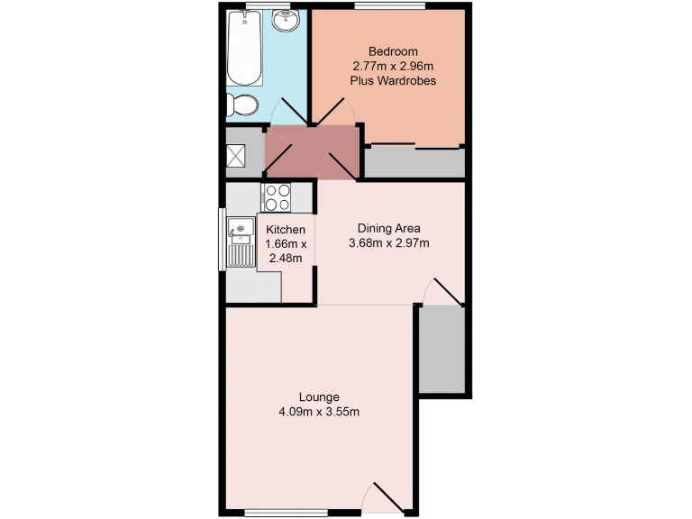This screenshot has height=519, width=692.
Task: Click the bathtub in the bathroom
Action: coord(242,46)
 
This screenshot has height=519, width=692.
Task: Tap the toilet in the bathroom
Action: coord(240,106)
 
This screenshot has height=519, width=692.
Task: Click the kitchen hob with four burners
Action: coord(276,196)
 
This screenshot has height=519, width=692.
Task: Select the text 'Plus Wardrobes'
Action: coord(393,80)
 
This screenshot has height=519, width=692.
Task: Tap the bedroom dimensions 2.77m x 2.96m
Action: coord(393,65)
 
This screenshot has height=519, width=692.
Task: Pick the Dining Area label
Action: coord(389,227)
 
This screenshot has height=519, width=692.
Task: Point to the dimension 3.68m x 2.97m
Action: coord(389,242)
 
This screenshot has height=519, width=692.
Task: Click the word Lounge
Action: coord(319,396)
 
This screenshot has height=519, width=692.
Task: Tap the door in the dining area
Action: coord(443,291)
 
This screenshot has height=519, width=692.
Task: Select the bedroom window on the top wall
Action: coord(389,7)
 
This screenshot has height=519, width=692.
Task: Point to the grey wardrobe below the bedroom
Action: coord(414,162)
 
